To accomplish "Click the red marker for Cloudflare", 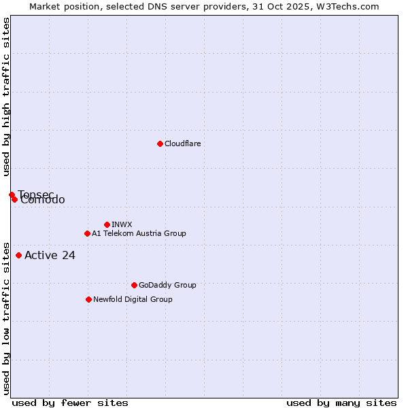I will [x=160, y=143].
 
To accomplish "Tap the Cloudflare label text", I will [x=183, y=144].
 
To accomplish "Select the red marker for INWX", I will [x=107, y=224].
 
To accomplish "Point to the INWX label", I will [x=122, y=225].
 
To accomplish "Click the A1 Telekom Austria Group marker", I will [x=87, y=233].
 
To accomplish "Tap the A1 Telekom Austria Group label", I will [x=139, y=234].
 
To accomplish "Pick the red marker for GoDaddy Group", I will [x=134, y=285].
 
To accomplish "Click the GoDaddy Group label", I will [x=167, y=286].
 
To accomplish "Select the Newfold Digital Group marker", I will [x=88, y=299].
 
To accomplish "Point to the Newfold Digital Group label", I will [x=133, y=300].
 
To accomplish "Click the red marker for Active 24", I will [x=18, y=255].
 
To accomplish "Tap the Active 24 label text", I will [x=50, y=256].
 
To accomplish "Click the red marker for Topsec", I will [x=12, y=194].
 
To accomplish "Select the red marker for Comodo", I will [x=14, y=199].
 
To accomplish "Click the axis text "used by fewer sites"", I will [x=70, y=403].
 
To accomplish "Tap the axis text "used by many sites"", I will [x=341, y=403].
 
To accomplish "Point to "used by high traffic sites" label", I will [x=6, y=97].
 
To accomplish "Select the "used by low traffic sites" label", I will [x=6, y=318].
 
